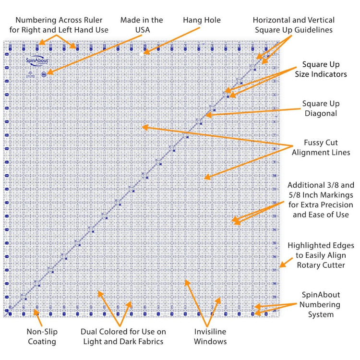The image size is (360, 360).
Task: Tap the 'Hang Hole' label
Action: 202,20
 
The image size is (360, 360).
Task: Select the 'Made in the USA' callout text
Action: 142,25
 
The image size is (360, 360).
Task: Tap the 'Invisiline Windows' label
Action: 210,336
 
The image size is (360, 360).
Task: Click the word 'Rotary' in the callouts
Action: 312,264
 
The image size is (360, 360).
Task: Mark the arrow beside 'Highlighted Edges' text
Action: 283,264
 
